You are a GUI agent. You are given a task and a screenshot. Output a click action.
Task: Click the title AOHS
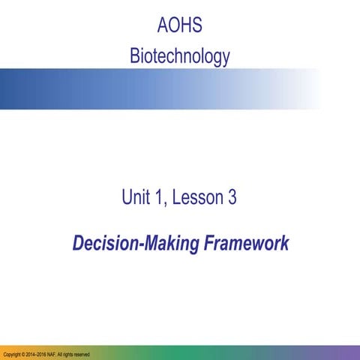click(180, 27)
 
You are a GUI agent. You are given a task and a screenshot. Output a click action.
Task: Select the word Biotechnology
click(180, 55)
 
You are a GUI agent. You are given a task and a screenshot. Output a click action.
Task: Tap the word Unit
click(137, 198)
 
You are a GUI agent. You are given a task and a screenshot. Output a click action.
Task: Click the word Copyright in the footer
click(11, 354)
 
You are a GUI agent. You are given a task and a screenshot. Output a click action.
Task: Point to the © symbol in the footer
click(24, 354)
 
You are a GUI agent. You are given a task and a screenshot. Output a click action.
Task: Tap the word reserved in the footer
click(82, 354)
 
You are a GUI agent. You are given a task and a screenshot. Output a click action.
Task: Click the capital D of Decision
click(77, 244)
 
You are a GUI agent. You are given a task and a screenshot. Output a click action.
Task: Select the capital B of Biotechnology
click(134, 55)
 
